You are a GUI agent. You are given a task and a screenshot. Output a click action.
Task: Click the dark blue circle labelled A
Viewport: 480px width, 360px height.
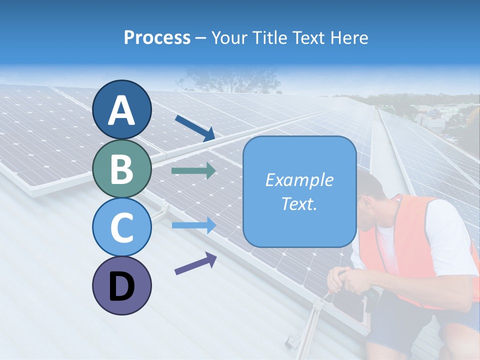tap(121, 109)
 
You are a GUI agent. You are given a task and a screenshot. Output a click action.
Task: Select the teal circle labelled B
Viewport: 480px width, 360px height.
tap(121, 169)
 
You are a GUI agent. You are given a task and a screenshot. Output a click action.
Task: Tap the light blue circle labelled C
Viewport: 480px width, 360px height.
tap(121, 227)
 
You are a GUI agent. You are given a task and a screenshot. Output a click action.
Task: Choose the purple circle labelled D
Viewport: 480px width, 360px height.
tap(121, 285)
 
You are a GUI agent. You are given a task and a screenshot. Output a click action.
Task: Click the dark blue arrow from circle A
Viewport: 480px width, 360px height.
tap(195, 128)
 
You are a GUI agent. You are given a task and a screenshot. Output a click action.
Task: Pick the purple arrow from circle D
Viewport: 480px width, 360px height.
tap(195, 263)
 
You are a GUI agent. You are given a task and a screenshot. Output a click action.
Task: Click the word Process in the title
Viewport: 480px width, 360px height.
tap(157, 37)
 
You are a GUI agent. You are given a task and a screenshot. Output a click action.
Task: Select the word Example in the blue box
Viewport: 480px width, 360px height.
tap(299, 180)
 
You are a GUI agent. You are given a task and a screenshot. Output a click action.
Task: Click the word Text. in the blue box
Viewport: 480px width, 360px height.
tap(299, 204)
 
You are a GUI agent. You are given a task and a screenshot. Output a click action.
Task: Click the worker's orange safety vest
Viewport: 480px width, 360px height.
tap(400, 245)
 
